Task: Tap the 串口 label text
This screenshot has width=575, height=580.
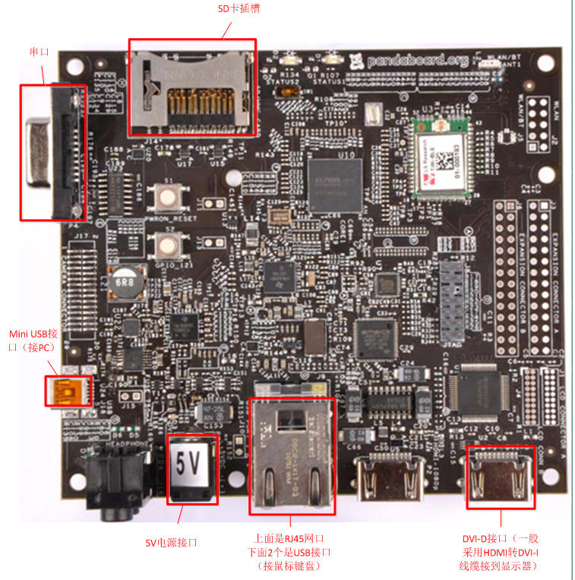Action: (39, 52)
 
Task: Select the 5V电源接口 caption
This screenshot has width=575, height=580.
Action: (171, 542)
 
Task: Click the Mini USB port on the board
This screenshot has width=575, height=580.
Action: (68, 391)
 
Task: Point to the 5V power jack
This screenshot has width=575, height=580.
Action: (191, 469)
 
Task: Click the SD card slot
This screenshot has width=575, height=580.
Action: (191, 89)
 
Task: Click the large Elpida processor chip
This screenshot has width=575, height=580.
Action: (335, 184)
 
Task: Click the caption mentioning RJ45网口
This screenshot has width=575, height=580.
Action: (292, 551)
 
